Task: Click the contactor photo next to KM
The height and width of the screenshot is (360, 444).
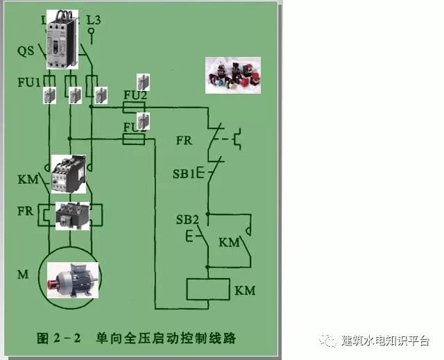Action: [x=69, y=173]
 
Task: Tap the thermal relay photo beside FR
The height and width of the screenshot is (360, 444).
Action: [x=72, y=214]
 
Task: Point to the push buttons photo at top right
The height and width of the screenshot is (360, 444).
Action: [x=232, y=74]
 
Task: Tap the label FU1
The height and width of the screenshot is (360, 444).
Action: [x=29, y=82]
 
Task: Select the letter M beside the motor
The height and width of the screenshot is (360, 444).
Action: [x=23, y=274]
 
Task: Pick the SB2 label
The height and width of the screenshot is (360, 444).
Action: [x=187, y=220]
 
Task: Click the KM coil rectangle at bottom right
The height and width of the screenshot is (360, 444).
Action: [x=208, y=289]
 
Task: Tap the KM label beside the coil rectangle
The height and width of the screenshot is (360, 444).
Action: [x=245, y=290]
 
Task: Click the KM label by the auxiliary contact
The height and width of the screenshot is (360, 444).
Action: [x=229, y=243]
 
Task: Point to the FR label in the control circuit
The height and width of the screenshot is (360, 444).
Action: [x=184, y=140]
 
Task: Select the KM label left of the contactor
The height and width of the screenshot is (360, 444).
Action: [x=28, y=180]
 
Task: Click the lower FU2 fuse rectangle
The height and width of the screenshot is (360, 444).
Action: [x=133, y=139]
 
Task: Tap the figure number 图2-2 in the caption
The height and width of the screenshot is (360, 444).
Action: [x=59, y=338]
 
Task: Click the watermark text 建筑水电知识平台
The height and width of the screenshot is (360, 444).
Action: [x=385, y=341]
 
